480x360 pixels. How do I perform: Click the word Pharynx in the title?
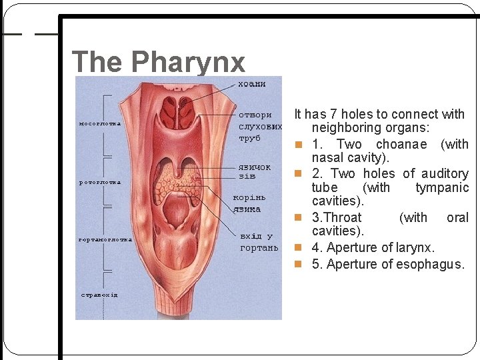pyautogui.click(x=188, y=62)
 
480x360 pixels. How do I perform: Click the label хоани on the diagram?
pyautogui.click(x=252, y=84)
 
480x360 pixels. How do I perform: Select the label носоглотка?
pyautogui.click(x=99, y=123)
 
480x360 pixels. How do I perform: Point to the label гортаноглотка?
pyautogui.click(x=105, y=239)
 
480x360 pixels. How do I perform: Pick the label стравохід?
pyautogui.click(x=99, y=294)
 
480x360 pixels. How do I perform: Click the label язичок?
pyautogui.click(x=254, y=167)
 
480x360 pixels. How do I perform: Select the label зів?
pyautogui.click(x=247, y=177)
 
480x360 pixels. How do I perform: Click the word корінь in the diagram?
pyautogui.click(x=249, y=198)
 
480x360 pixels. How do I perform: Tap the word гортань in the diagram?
pyautogui.click(x=259, y=248)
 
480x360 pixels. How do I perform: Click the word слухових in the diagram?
pyautogui.click(x=260, y=126)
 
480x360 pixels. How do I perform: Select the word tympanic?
pyautogui.click(x=442, y=188)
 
